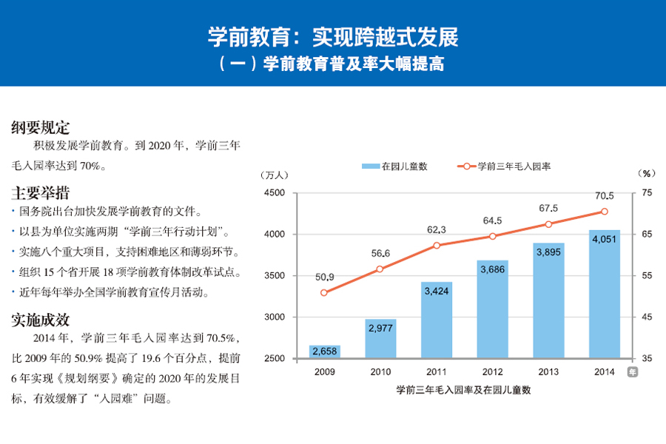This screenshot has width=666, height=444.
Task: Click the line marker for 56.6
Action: tap(380, 269)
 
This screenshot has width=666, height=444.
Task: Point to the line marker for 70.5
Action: tap(605, 212)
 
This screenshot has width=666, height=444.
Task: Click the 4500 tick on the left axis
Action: tap(275, 193)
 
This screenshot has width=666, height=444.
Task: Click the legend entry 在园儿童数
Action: tap(395, 166)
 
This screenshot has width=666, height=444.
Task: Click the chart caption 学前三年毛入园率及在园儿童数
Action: tap(464, 388)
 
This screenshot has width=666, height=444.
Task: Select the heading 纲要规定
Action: tap(41, 127)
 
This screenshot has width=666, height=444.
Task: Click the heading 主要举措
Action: tap(41, 193)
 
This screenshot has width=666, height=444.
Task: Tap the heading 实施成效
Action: tap(41, 320)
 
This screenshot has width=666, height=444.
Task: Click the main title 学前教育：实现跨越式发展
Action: tap(333, 36)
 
